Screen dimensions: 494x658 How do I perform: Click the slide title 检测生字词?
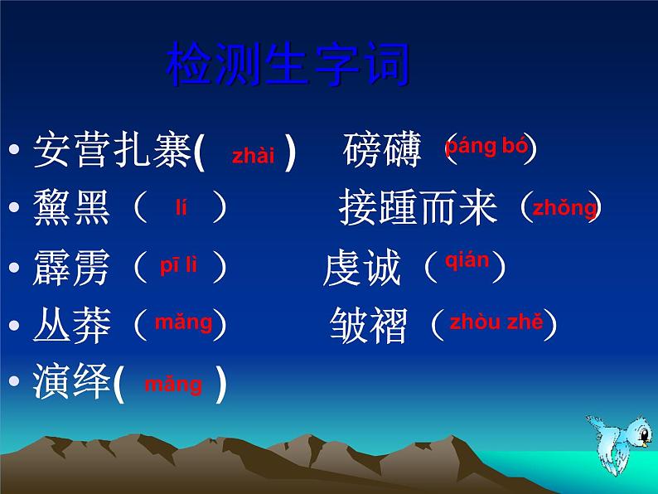pos(288,68)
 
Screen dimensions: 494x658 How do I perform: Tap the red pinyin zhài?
pos(253,156)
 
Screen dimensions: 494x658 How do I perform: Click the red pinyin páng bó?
pos(486,148)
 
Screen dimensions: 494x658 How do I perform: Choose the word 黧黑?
pos(72,208)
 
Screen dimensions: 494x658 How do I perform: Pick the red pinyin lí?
pos(181,208)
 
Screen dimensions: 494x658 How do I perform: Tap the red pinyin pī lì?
pos(179,266)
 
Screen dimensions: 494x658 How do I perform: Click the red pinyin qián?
pos(467,261)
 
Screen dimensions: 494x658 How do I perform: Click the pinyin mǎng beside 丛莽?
pos(183,322)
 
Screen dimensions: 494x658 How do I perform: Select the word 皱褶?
pos(369,326)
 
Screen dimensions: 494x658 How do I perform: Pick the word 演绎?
pos(72,384)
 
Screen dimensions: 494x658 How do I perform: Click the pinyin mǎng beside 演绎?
pos(172,385)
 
